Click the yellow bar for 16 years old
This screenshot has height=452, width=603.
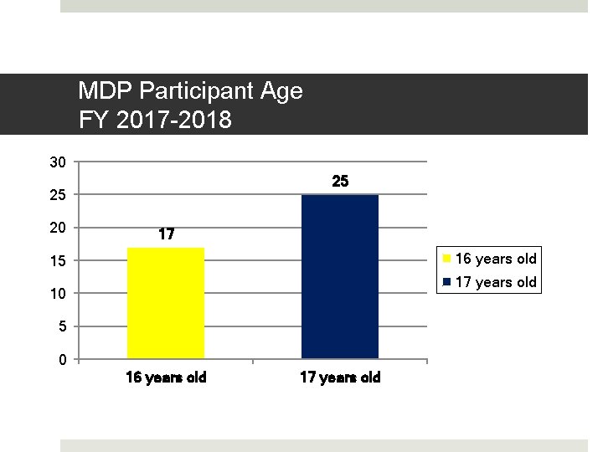tap(165, 303)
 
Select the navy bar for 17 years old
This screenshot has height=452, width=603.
tap(339, 276)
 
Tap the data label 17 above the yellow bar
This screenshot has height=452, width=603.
tap(166, 234)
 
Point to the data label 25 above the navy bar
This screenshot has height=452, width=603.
tap(340, 182)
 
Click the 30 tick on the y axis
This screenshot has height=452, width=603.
tap(57, 162)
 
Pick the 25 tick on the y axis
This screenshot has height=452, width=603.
tap(57, 195)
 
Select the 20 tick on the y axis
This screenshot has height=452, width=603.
tap(57, 228)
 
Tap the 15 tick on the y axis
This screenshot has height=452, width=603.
tap(57, 260)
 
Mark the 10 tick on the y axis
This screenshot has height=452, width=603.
tap(57, 294)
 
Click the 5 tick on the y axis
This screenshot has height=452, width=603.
tap(61, 326)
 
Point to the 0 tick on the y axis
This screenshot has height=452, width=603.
tap(61, 360)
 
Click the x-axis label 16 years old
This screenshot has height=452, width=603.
tap(166, 378)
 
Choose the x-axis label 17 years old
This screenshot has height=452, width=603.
tap(340, 378)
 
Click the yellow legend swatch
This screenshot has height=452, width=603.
tap(447, 259)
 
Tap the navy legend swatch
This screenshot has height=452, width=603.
tap(447, 282)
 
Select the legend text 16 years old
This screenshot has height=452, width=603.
tap(495, 259)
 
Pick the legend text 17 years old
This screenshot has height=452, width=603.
tap(495, 282)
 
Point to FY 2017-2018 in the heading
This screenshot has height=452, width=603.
tap(155, 121)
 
